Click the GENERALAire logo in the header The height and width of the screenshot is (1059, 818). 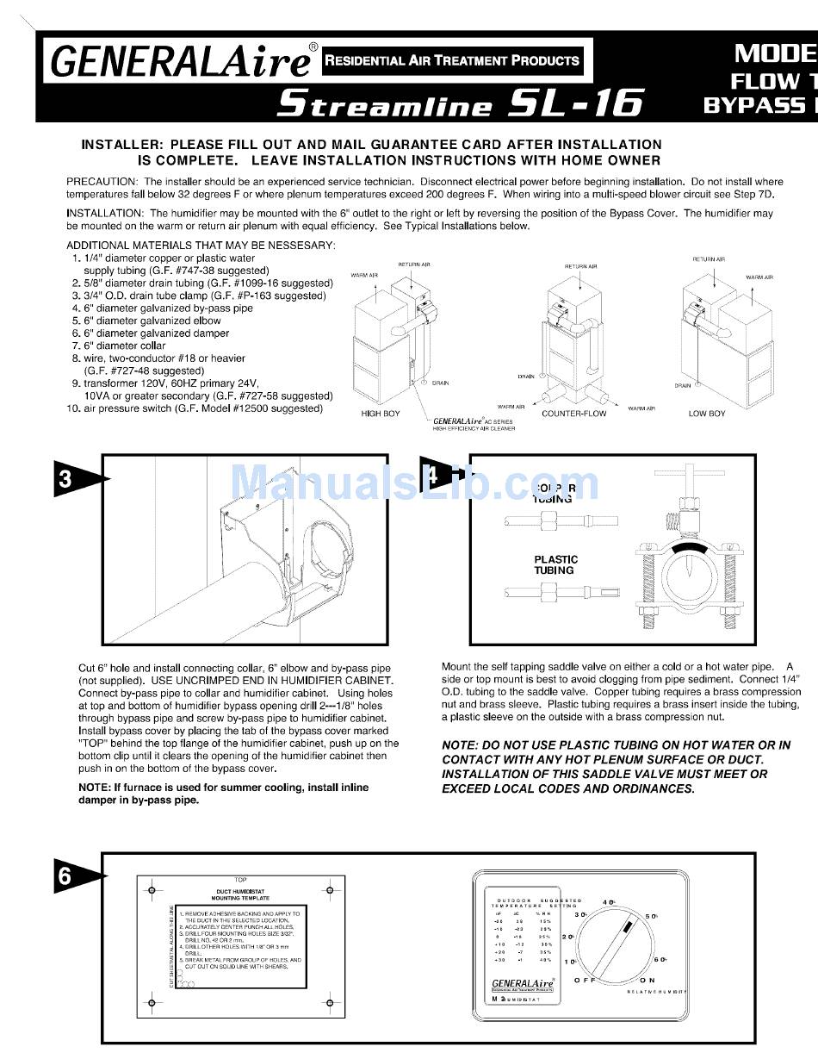pos(181,60)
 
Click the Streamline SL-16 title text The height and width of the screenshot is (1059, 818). pos(459,103)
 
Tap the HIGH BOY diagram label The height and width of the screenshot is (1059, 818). pos(381,414)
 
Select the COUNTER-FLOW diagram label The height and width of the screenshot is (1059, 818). pos(573,414)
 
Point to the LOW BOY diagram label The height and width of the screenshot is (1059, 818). pos(707,414)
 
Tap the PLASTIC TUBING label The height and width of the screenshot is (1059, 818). pos(555,565)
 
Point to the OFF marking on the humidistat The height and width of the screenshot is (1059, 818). pos(586,981)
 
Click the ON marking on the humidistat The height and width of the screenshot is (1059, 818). pos(648,981)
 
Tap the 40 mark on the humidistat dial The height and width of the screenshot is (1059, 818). pos(609,902)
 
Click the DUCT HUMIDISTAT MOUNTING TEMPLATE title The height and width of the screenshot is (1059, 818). pos(241,894)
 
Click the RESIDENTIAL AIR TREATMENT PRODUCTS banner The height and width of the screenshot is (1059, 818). pos(450,60)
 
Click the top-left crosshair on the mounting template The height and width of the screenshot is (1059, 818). pos(151,889)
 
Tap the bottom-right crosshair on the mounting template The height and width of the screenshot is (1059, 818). pos(331,1002)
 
